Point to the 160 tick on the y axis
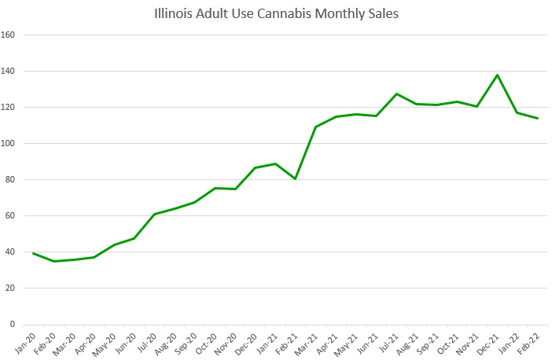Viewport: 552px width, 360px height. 9,35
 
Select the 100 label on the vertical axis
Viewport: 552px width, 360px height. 9,144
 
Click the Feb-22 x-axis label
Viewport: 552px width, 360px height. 532,339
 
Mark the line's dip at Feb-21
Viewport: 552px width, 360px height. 295,178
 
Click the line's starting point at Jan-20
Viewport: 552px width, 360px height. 33,253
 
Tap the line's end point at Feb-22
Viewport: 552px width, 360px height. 537,119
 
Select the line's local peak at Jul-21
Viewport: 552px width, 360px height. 396,94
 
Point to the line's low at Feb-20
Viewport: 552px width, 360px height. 53,261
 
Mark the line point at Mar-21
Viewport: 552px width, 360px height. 315,127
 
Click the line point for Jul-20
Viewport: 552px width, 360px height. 154,214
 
